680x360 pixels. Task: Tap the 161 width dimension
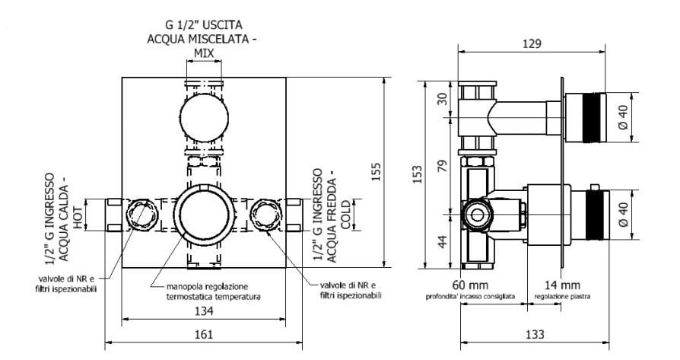pyautogui.click(x=203, y=334)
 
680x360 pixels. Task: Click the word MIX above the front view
pyautogui.click(x=203, y=53)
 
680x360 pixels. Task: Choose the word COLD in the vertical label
pyautogui.click(x=345, y=215)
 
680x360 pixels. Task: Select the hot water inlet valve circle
pyautogui.click(x=141, y=214)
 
